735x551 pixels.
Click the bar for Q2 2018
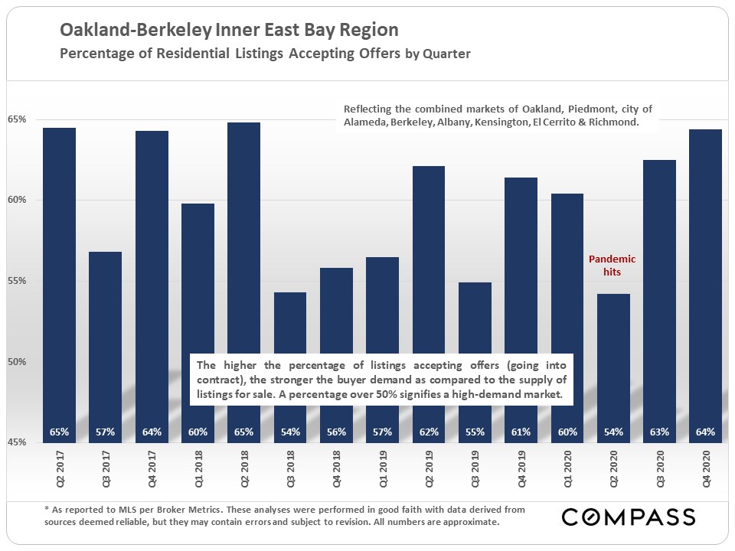tap(243, 230)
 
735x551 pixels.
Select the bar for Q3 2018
tap(289, 321)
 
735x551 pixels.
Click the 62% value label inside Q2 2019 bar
tap(429, 432)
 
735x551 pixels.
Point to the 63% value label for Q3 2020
tap(659, 432)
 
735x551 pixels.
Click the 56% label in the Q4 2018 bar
tap(336, 432)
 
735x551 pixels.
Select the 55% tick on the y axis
tap(18, 281)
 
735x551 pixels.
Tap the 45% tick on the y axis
tap(18, 442)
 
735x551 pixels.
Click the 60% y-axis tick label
tap(18, 201)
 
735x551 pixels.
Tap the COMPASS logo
tap(628, 517)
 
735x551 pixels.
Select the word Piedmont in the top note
tap(557, 108)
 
